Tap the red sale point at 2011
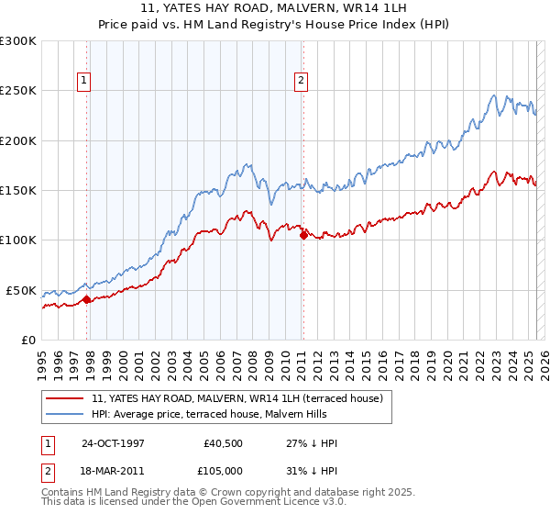click(303, 235)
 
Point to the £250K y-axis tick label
click(18, 91)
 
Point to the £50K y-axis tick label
click(21, 290)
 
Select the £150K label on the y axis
click(18, 190)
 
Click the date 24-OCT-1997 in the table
click(115, 443)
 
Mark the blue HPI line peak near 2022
click(493, 95)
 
